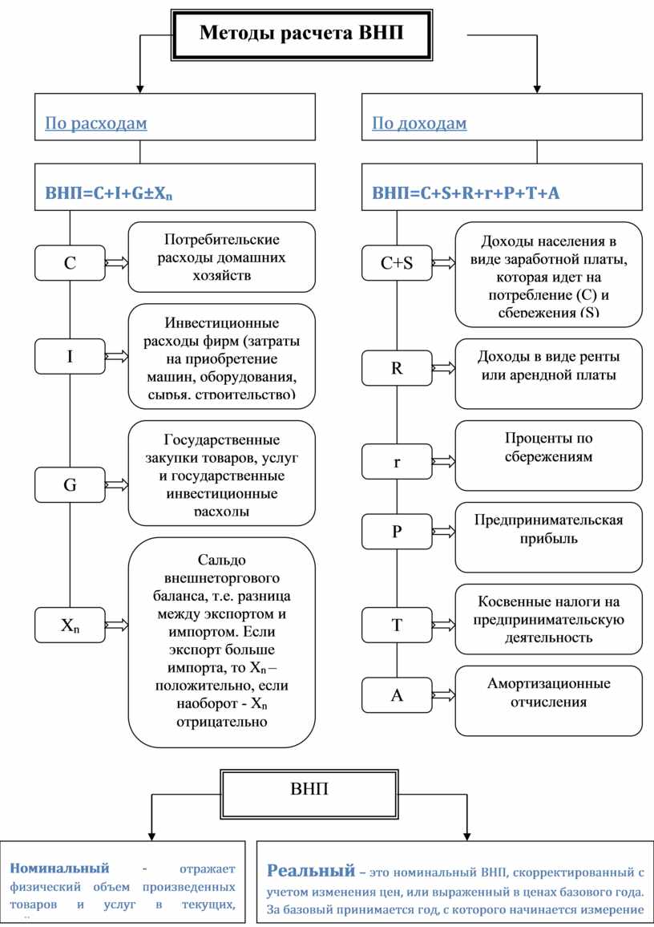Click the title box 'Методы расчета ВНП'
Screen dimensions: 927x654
pyautogui.click(x=301, y=34)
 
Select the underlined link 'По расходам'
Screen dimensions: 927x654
pyautogui.click(x=96, y=123)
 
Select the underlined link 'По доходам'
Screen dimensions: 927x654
pyautogui.click(x=419, y=123)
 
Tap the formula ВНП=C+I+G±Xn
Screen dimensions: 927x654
pyautogui.click(x=109, y=193)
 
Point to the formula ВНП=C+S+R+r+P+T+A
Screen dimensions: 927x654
pyautogui.click(x=466, y=193)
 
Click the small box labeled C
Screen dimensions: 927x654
pyautogui.click(x=71, y=262)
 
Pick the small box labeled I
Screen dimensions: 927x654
pyautogui.click(x=71, y=356)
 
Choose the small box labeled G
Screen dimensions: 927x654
pyautogui.click(x=71, y=485)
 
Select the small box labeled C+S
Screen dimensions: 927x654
pyautogui.click(x=397, y=262)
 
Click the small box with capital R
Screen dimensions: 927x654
pyautogui.click(x=397, y=369)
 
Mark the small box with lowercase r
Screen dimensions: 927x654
pyautogui.click(x=397, y=463)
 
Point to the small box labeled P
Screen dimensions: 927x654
pyautogui.click(x=397, y=532)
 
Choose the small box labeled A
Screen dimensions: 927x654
pyautogui.click(x=397, y=695)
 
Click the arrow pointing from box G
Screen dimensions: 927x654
pyautogui.click(x=117, y=485)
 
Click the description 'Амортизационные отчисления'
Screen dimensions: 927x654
pyautogui.click(x=549, y=693)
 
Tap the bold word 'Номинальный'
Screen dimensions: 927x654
pyautogui.click(x=59, y=868)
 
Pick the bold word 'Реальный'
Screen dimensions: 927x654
pyautogui.click(x=311, y=871)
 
